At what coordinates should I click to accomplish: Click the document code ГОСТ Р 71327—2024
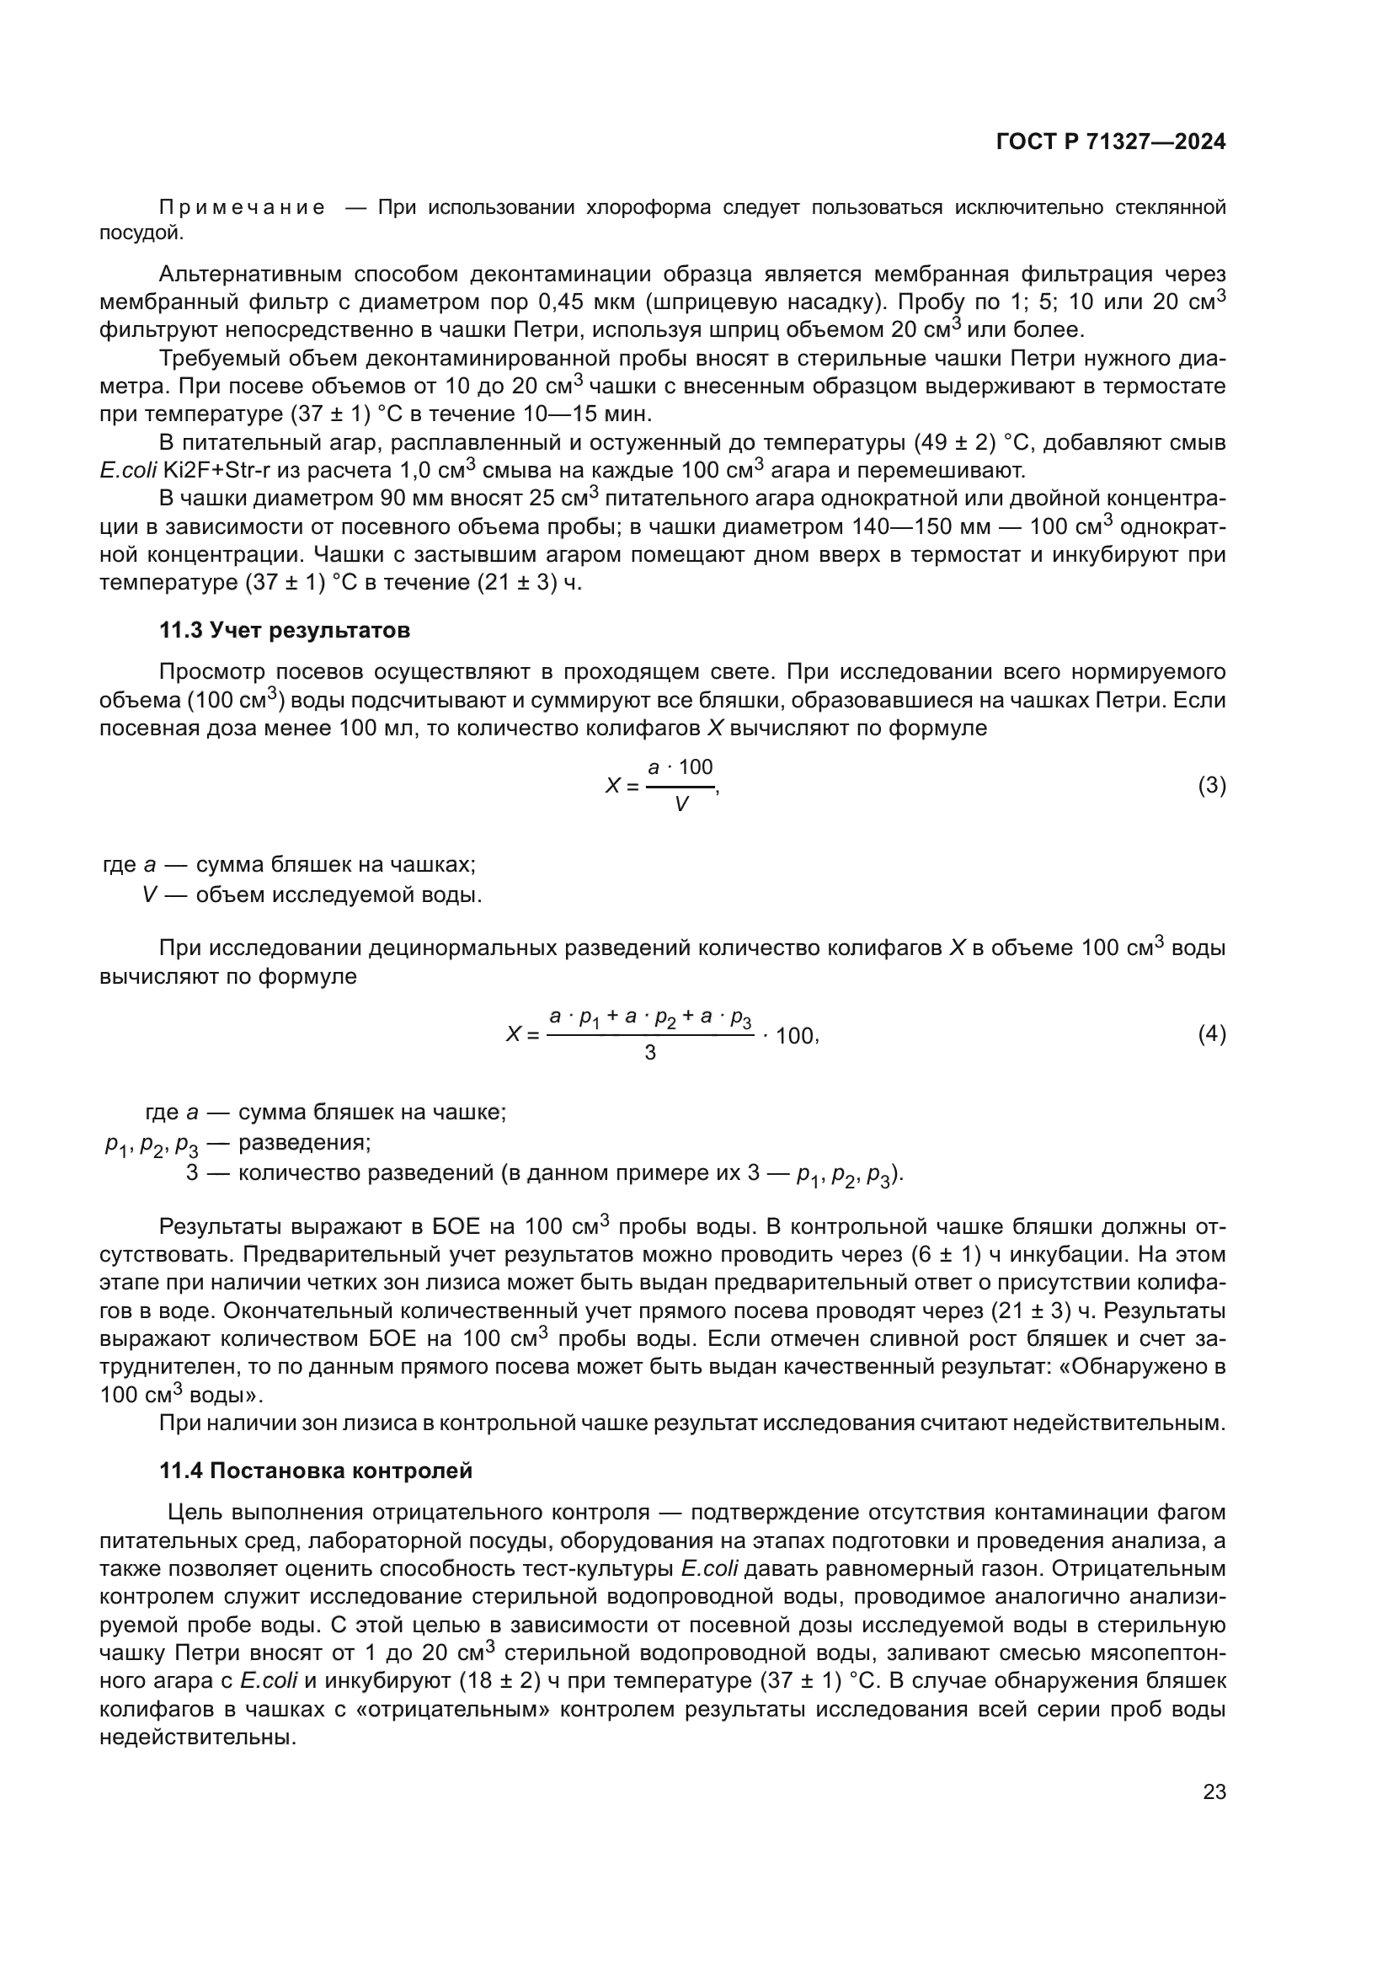[x=1110, y=142]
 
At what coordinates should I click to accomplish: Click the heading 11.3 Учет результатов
[x=285, y=630]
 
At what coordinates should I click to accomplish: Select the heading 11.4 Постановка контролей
[x=316, y=1471]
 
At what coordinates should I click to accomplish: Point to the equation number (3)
[x=1211, y=785]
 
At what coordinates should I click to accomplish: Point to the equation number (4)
[x=1211, y=1035]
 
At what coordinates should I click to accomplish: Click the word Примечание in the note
[x=242, y=208]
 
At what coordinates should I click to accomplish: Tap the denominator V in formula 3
[x=681, y=805]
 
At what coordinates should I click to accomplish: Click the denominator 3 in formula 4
[x=649, y=1053]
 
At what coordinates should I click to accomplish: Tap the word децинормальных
[x=458, y=948]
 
